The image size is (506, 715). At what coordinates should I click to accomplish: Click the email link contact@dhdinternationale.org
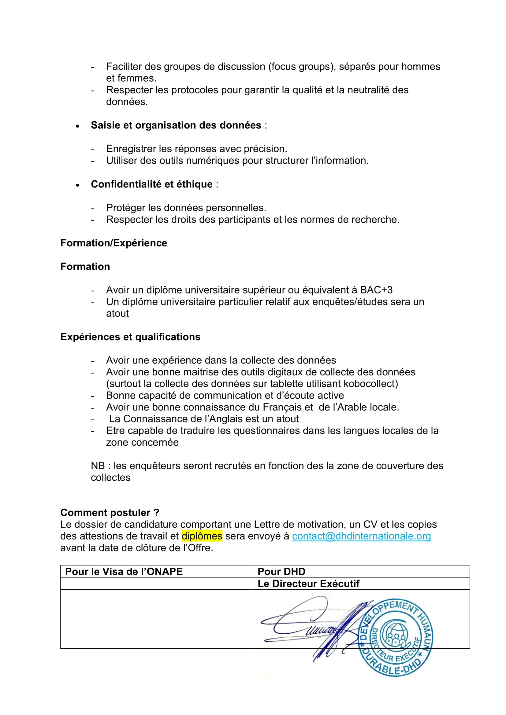[361, 536]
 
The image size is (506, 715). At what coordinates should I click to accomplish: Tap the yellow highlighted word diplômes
[202, 536]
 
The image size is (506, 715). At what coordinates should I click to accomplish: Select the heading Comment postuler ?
[110, 513]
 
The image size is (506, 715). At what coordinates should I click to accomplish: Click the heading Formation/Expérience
[114, 243]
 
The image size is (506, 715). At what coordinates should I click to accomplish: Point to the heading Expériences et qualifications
[130, 337]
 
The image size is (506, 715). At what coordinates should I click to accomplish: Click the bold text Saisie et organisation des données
[176, 125]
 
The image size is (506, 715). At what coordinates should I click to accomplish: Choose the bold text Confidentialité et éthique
[152, 184]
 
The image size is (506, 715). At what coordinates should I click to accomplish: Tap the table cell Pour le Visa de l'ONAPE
[124, 571]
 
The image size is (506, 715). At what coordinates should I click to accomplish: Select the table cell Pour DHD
[281, 571]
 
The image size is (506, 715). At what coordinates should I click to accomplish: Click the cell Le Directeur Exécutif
[308, 584]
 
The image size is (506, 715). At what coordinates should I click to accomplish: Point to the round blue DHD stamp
[396, 637]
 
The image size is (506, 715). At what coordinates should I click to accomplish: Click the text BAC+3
[376, 290]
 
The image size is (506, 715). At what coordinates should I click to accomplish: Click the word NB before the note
[98, 466]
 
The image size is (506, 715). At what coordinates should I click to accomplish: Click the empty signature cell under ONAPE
[156, 618]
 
